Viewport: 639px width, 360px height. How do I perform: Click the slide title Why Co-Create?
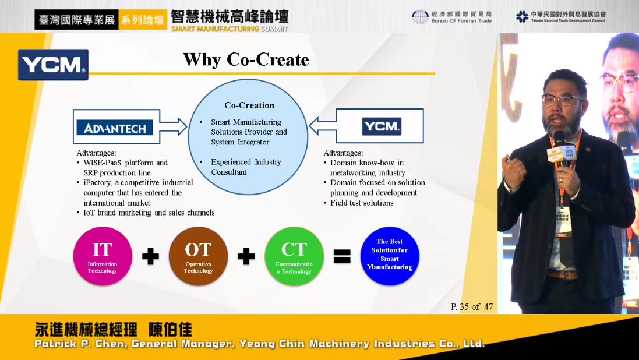(246, 59)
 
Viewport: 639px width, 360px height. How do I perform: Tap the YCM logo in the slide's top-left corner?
(53, 65)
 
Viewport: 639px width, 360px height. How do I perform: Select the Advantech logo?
(115, 128)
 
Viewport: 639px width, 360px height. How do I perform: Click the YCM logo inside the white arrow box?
(382, 126)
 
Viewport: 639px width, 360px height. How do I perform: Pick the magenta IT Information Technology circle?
(103, 256)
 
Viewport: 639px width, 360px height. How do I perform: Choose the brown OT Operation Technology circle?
(199, 256)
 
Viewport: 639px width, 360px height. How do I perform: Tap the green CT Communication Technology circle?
(294, 256)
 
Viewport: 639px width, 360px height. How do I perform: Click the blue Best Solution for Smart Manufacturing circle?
(390, 256)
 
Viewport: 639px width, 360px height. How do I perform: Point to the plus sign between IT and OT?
(150, 256)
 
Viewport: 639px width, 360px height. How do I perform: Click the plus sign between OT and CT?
(246, 256)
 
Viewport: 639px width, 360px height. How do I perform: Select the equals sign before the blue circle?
(342, 256)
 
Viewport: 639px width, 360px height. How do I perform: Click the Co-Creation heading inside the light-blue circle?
(249, 105)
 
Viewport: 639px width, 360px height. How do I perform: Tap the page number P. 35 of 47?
(472, 306)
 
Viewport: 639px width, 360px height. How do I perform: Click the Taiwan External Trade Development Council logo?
(561, 17)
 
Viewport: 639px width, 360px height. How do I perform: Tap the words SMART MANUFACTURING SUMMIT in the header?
(230, 29)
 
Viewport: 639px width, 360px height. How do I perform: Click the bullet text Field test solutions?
(362, 203)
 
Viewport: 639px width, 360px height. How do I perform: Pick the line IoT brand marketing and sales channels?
(149, 213)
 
